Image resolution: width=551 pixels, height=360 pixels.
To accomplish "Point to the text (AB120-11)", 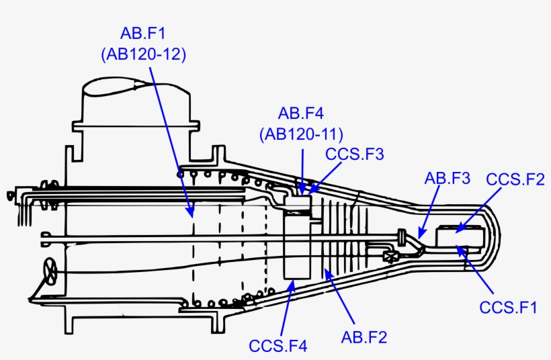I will [x=302, y=134].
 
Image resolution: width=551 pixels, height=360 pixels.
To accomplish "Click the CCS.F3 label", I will [x=354, y=154].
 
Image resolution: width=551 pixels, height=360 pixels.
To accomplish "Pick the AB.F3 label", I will [x=448, y=178].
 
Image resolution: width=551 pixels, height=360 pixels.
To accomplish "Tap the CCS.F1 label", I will [x=509, y=308].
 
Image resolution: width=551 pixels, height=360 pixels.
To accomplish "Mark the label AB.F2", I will [x=364, y=336].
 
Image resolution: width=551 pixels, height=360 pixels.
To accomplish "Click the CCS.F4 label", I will [x=278, y=347].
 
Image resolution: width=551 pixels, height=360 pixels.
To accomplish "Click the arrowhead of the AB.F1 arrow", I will [x=192, y=216].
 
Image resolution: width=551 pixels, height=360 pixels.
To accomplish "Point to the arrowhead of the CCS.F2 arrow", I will [x=457, y=231].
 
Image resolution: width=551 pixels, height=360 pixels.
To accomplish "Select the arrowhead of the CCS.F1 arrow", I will [x=460, y=249].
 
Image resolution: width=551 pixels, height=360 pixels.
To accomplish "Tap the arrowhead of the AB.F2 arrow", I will [x=327, y=270].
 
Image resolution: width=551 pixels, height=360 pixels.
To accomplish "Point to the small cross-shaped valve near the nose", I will [x=390, y=255].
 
